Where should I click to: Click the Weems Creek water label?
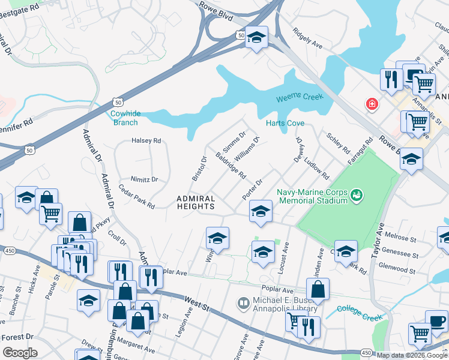pos(300,97)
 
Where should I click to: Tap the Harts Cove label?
pos(285,123)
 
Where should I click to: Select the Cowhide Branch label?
pos(125,118)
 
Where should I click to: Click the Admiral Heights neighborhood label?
pos(196,202)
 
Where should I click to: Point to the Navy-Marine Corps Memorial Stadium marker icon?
pos(358,194)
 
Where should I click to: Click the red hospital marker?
pos(372,104)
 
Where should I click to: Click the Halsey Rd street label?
pos(146,141)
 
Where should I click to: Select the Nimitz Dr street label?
pos(144,179)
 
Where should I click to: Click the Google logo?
pos(20,353)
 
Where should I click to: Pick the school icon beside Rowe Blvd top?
pos(256,38)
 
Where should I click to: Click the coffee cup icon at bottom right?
pos(436,320)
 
